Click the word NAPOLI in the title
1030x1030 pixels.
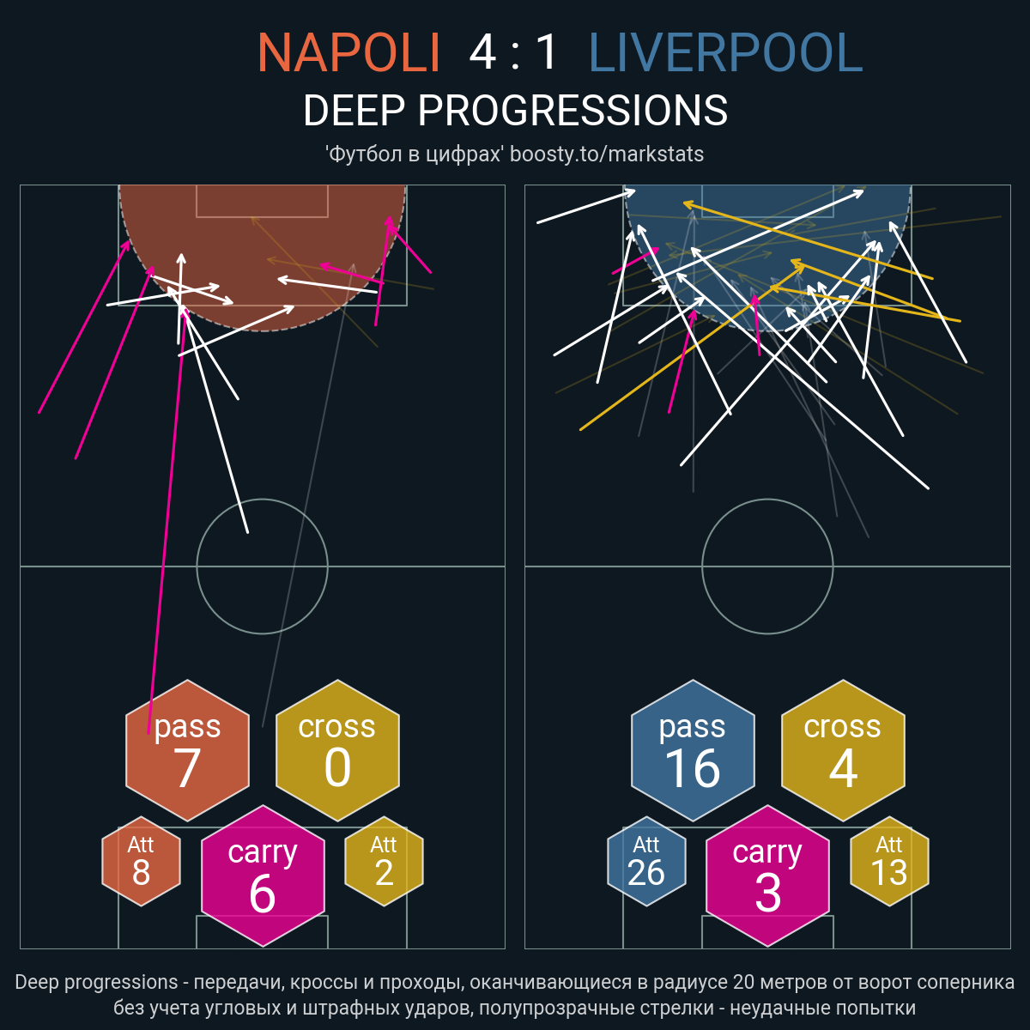pos(349,52)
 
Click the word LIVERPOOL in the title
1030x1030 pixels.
pos(725,52)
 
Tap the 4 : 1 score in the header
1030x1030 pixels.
pos(513,52)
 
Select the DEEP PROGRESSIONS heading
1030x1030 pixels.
pos(515,111)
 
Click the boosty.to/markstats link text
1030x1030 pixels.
pos(607,154)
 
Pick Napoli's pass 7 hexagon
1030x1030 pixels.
pos(188,750)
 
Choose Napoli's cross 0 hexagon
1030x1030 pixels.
pos(338,750)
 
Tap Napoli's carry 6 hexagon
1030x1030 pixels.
pos(263,875)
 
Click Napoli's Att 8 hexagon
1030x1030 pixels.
pos(141,861)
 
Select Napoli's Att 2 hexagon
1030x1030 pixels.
pos(385,861)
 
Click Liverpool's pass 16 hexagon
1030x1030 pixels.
pos(693,750)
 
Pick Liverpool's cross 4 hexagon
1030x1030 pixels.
pos(843,750)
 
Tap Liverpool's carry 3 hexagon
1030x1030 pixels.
pos(767,875)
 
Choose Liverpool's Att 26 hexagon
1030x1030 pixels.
pos(646,861)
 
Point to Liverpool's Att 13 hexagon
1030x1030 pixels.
pos(889,861)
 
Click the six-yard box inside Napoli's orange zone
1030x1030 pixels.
pos(262,217)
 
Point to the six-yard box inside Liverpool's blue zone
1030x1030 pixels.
pos(767,217)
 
